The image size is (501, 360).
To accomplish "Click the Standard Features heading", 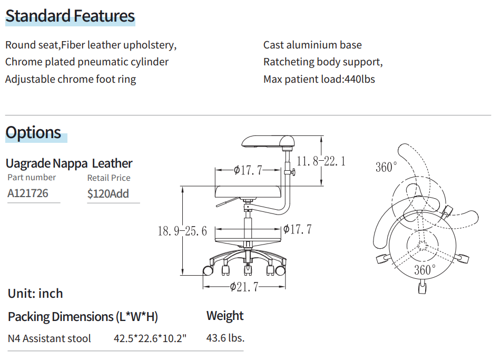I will pyautogui.click(x=70, y=16).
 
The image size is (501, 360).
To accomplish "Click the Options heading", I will pyautogui.click(x=34, y=132).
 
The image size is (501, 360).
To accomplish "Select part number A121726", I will pyautogui.click(x=28, y=193).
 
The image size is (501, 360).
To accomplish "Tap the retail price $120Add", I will pyautogui.click(x=108, y=193).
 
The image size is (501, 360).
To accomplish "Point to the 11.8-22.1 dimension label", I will pyautogui.click(x=321, y=161).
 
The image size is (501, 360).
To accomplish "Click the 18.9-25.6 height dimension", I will pyautogui.click(x=182, y=231).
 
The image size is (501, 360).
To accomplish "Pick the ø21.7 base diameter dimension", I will pyautogui.click(x=243, y=287).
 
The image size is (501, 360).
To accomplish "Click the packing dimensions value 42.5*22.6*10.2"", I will pyautogui.click(x=150, y=338).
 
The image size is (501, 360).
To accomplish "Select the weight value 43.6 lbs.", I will pyautogui.click(x=225, y=338).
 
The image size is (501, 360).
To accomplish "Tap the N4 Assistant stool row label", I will pyautogui.click(x=50, y=338).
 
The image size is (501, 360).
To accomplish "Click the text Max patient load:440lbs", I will pyautogui.click(x=319, y=79).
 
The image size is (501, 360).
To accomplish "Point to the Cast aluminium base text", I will pyautogui.click(x=312, y=45).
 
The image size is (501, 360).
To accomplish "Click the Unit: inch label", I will pyautogui.click(x=35, y=294).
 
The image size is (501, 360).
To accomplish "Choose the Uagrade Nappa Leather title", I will pyautogui.click(x=69, y=163).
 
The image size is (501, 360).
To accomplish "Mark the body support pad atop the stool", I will pyautogui.click(x=268, y=141).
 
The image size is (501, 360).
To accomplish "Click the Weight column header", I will pyautogui.click(x=225, y=316).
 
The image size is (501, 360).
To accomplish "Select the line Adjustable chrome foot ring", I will pyautogui.click(x=71, y=79).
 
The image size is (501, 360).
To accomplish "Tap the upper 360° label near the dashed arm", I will pyautogui.click(x=386, y=167).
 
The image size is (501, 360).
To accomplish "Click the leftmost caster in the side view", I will pyautogui.click(x=208, y=270).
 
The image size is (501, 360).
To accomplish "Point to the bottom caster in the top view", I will pyautogui.click(x=423, y=288).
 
